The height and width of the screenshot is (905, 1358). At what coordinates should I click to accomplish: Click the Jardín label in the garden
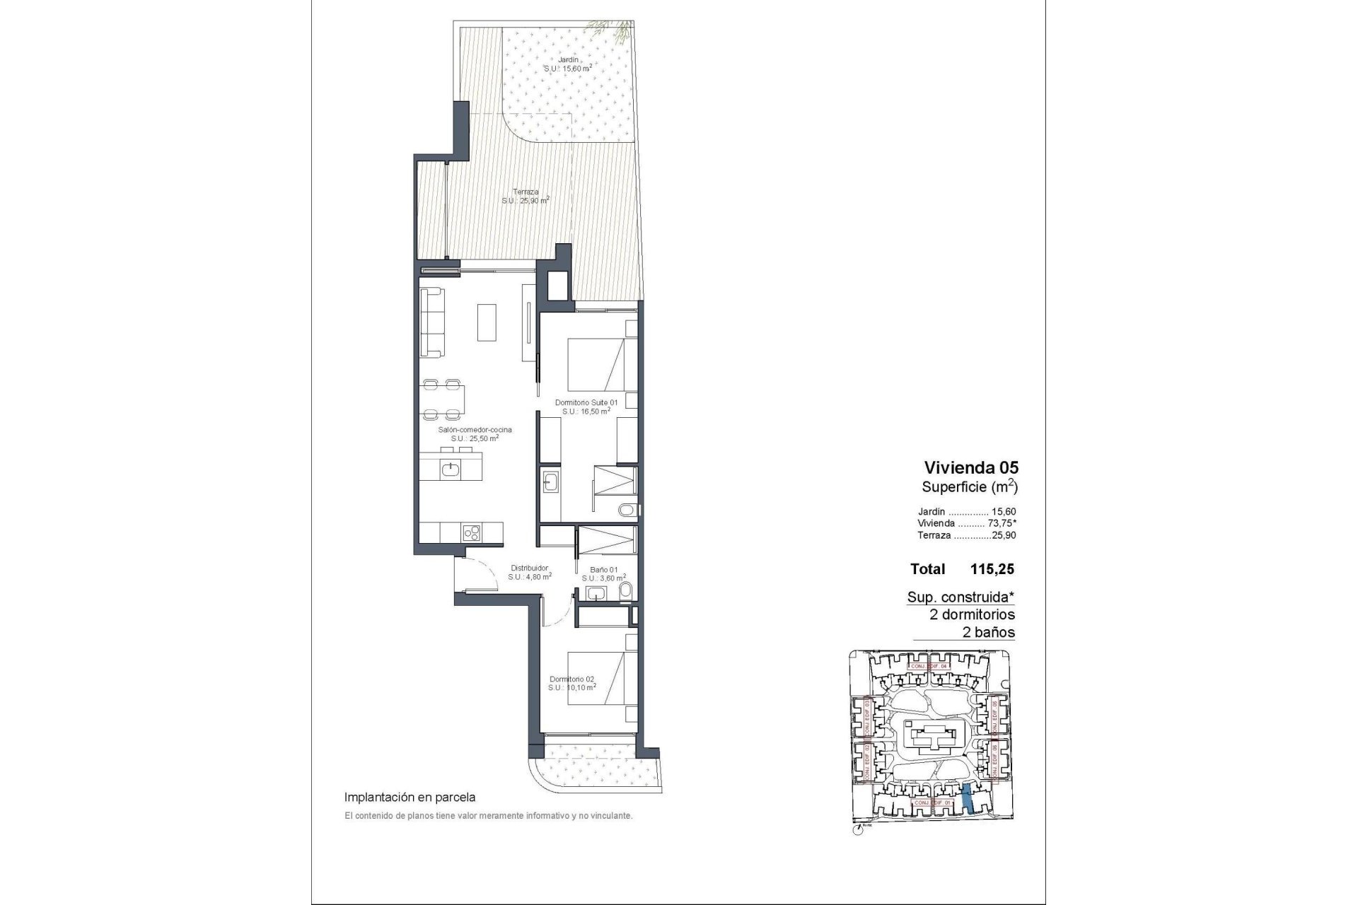(567, 60)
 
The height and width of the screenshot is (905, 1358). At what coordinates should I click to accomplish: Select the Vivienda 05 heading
(971, 467)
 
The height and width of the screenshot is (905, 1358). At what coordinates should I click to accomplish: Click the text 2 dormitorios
(972, 614)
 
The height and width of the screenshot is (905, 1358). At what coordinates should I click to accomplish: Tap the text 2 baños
(989, 632)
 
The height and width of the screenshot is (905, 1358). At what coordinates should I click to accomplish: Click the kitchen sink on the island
(451, 468)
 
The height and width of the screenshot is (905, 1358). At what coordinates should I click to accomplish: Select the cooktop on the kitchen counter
(472, 532)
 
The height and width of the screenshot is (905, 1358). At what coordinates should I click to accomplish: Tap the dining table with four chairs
(444, 399)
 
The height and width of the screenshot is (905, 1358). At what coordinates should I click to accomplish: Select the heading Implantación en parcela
(410, 798)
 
